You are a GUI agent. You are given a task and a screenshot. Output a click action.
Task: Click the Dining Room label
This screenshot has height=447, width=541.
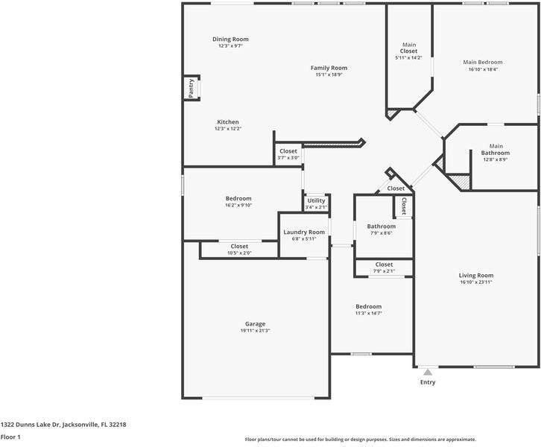(x=230, y=39)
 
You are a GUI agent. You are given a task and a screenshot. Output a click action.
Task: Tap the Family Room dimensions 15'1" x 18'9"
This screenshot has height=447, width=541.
(x=329, y=74)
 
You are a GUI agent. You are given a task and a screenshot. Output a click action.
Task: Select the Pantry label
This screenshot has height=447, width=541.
(x=192, y=88)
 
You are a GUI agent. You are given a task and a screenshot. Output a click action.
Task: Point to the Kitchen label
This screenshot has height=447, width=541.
(x=228, y=122)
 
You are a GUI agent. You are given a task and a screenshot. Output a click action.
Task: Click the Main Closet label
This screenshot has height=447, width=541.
(x=408, y=48)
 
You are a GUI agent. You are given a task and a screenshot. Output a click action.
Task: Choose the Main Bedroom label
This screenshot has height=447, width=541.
(x=482, y=63)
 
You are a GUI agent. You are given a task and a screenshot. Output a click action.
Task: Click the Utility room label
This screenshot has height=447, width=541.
(x=316, y=200)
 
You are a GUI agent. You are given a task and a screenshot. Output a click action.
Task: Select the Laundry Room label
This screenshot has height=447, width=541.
(x=304, y=232)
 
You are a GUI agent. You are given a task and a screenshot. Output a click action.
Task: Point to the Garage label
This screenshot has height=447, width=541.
(x=255, y=324)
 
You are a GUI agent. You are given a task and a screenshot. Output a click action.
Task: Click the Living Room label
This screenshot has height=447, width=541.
(x=475, y=276)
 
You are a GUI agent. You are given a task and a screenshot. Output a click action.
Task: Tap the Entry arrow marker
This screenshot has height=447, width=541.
(x=428, y=372)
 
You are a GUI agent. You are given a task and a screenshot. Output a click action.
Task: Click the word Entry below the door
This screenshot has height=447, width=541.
(x=428, y=382)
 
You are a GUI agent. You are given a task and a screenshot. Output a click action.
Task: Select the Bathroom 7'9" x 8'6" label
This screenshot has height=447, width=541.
(x=381, y=226)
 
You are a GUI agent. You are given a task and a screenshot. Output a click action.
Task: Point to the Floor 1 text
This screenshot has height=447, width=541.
(x=10, y=437)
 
